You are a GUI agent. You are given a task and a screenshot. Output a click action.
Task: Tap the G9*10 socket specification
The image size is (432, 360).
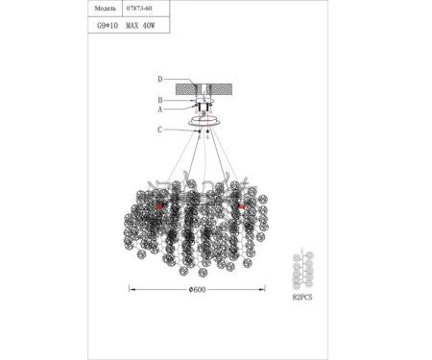tap(105, 29)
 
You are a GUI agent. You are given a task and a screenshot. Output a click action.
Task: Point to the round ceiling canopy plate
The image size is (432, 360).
tap(204, 122)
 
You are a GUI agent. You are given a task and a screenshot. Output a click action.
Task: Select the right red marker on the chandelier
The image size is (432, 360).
tap(242, 206)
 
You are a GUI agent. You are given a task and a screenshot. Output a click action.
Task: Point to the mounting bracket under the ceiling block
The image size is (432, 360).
tap(204, 106)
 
